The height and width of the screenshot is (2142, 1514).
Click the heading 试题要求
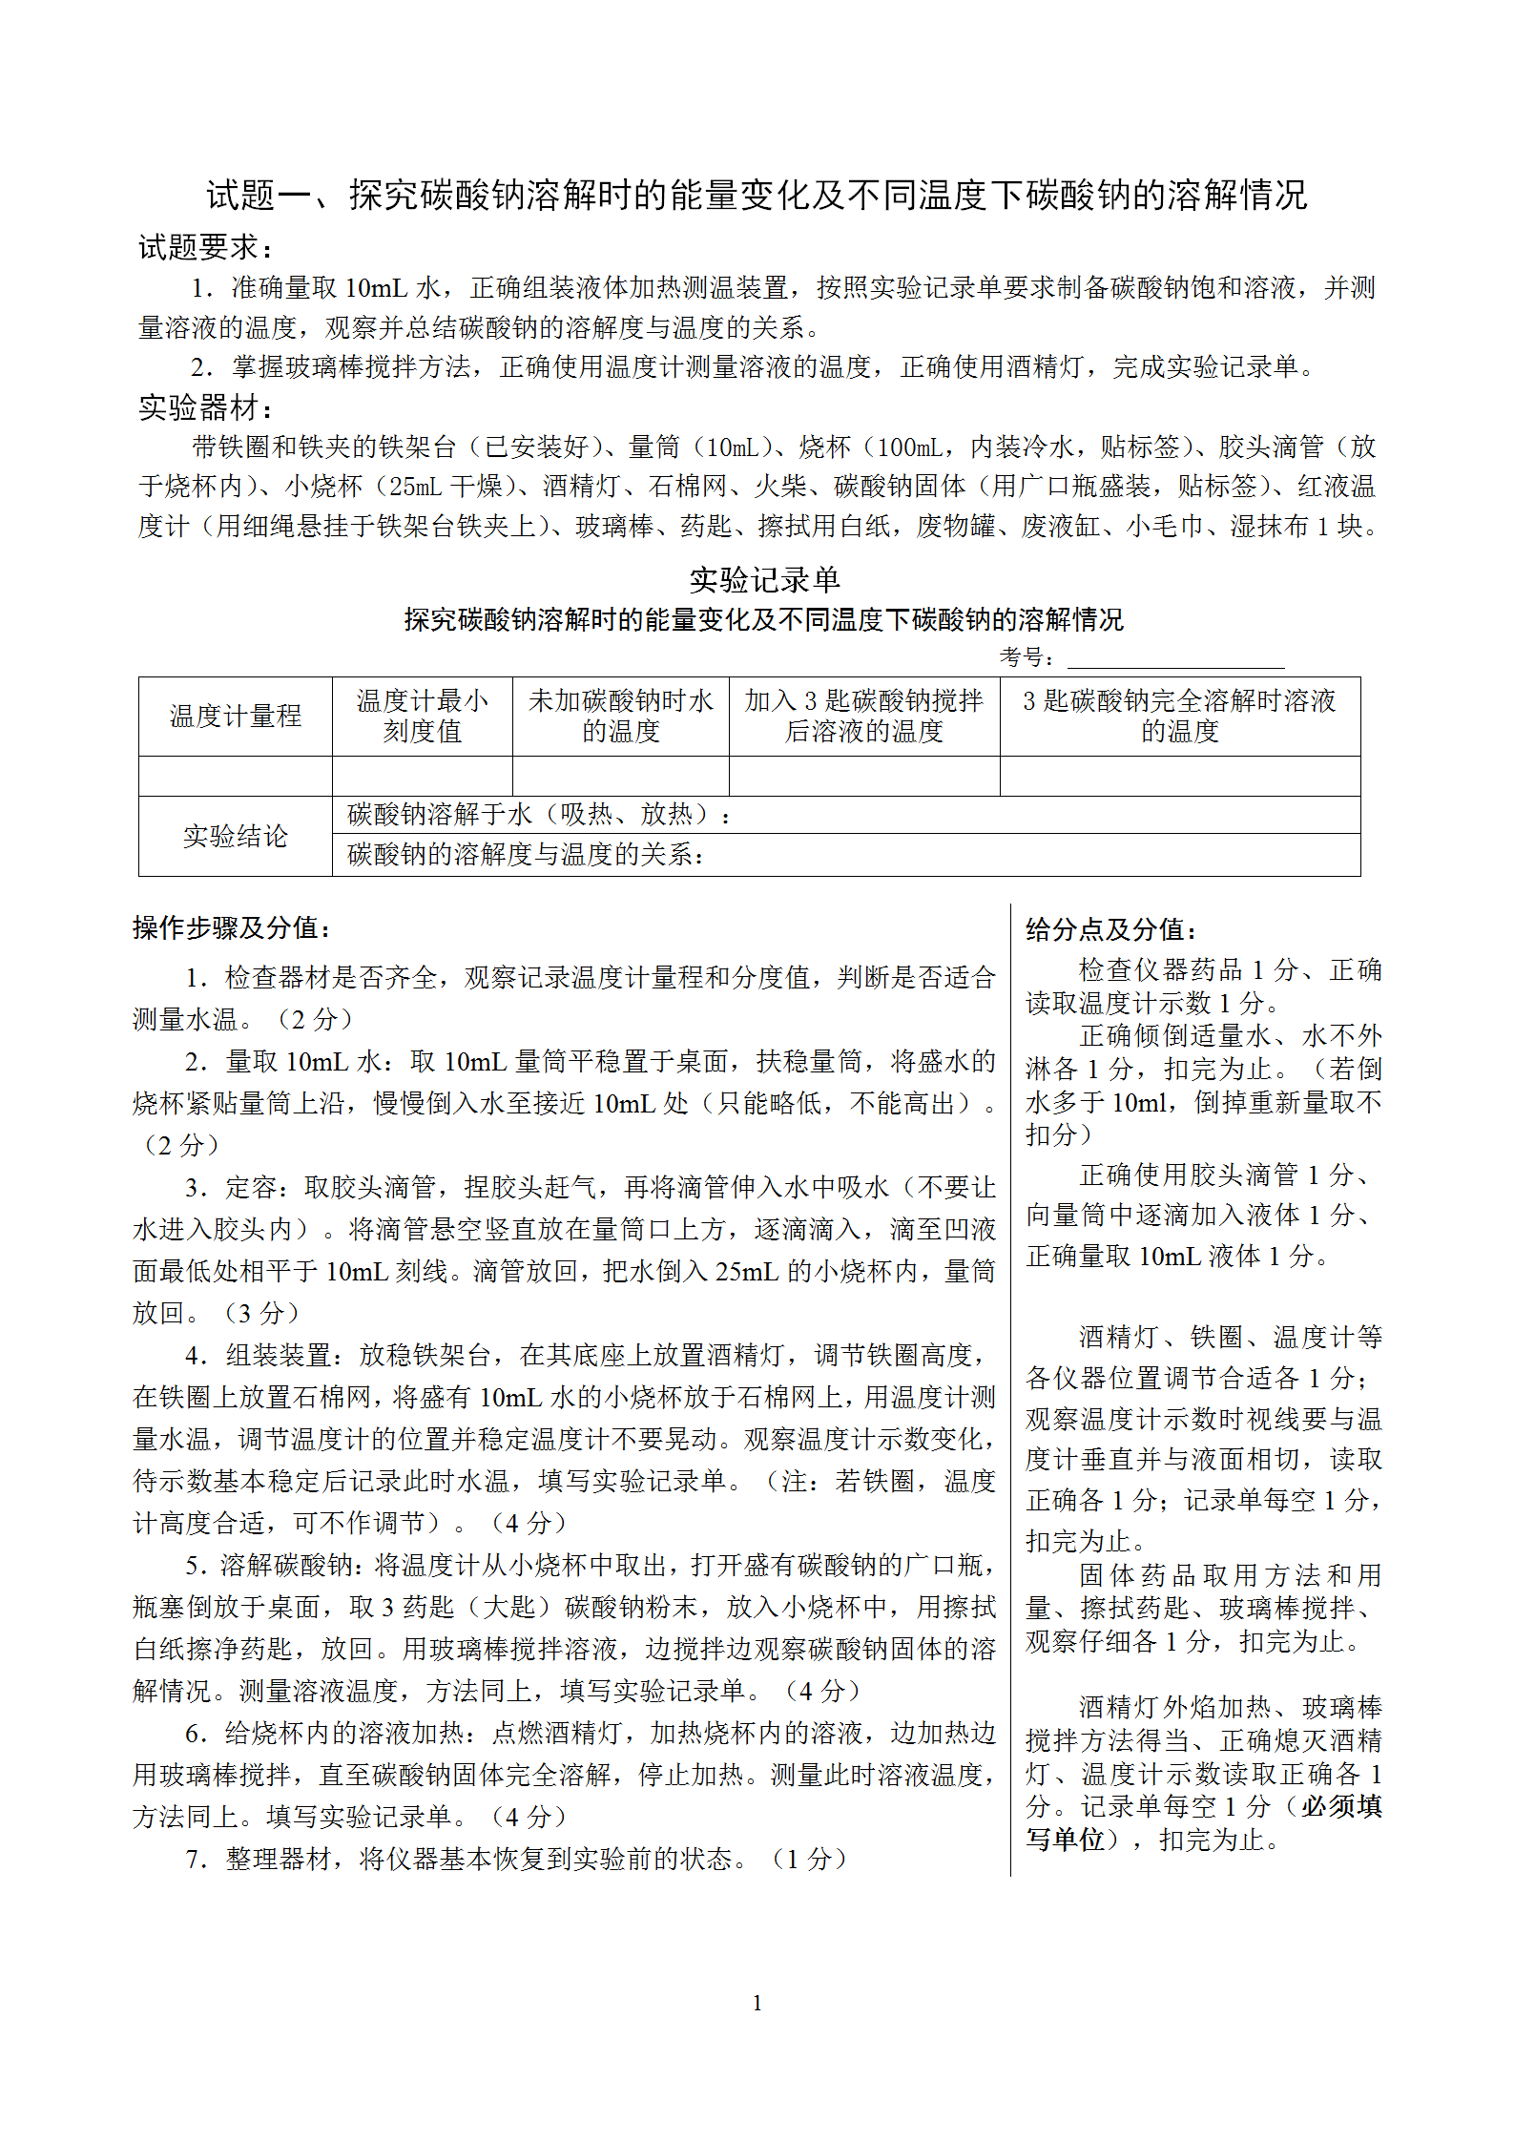[205, 248]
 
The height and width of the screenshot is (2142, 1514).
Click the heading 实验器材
[205, 407]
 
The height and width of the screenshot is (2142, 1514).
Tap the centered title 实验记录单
[764, 579]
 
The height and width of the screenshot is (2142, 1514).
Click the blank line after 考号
[1175, 657]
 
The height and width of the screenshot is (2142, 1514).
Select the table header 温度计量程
[235, 717]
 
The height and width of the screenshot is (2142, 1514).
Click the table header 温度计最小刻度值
[422, 717]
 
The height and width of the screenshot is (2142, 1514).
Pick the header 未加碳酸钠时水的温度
[620, 717]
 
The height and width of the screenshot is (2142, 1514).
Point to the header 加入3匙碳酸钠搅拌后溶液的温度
[863, 717]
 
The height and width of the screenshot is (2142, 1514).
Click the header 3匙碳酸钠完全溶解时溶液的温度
[1179, 717]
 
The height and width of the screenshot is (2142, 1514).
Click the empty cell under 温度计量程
[235, 777]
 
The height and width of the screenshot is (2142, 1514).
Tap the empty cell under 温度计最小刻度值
[422, 777]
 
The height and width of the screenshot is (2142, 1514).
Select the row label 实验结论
[235, 837]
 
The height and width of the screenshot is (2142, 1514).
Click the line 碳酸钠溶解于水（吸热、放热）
[539, 815]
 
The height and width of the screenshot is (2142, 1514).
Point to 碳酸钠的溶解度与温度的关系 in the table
[526, 855]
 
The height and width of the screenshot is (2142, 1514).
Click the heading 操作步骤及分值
[232, 928]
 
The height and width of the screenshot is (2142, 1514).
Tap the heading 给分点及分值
[1110, 929]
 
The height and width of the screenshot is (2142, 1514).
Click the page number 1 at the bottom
[757, 2003]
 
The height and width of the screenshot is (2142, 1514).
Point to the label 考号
[1026, 657]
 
